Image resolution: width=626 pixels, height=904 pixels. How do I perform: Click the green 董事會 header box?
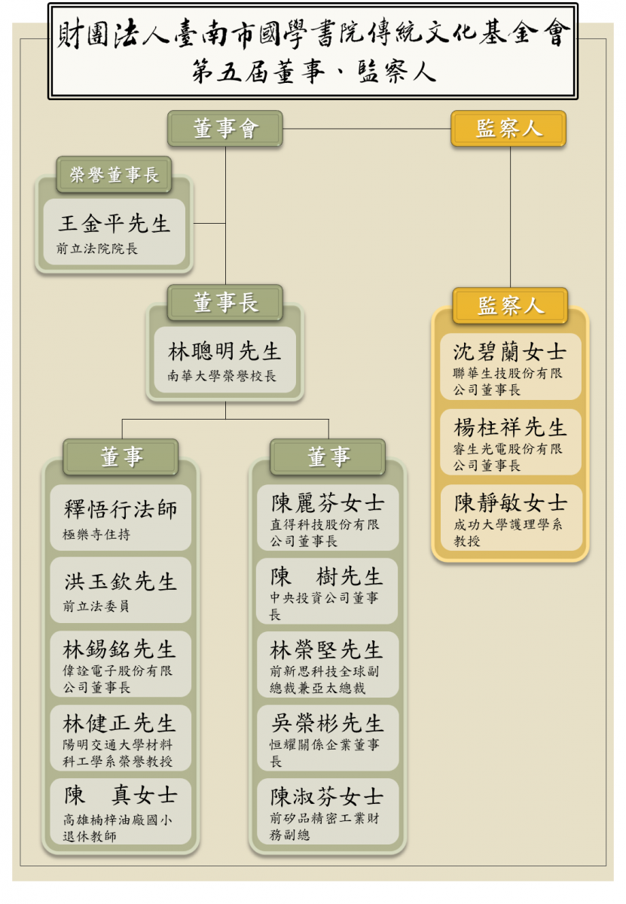coord(225,129)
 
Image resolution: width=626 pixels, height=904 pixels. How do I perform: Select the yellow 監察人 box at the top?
coord(508,129)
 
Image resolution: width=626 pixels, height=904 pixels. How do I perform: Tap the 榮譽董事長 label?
coord(114,176)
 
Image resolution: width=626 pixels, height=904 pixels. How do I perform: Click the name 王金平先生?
coord(115,224)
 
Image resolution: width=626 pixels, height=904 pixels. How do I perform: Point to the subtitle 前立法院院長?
coord(96,248)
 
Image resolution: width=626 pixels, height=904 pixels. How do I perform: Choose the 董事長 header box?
coord(225,303)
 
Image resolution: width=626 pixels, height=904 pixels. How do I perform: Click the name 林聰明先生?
coord(225,351)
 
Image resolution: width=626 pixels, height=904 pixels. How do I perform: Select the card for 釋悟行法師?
coord(121,518)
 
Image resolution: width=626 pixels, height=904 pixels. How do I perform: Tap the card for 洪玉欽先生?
coord(121,590)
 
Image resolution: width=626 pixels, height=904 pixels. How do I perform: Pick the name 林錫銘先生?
coord(120,649)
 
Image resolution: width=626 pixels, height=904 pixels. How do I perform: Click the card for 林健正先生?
coord(121,738)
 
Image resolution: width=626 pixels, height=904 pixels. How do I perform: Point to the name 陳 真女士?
coord(120,795)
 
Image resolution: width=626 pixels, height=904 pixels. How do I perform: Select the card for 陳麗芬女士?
coord(327,518)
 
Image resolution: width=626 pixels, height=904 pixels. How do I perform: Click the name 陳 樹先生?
coord(327,578)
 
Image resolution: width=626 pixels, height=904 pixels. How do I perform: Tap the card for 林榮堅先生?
coord(327,664)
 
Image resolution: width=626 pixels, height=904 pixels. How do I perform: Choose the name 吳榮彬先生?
coord(327,723)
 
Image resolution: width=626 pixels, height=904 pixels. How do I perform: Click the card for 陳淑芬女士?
coord(327,811)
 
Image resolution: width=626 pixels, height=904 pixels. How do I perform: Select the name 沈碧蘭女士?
coord(509,353)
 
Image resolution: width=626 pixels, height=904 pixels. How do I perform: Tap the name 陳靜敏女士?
coord(509,503)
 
